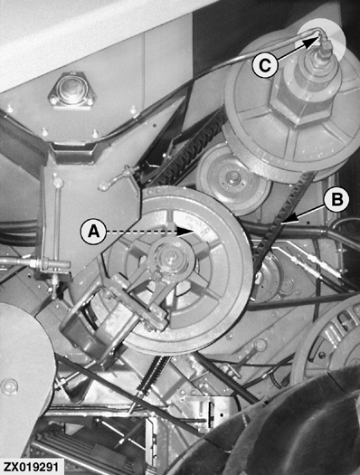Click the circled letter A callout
[93, 232]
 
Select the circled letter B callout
[336, 199]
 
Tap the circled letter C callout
[265, 65]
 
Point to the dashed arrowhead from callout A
[186, 232]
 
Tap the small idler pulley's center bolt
[232, 176]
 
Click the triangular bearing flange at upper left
[71, 90]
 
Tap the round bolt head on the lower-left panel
[9, 387]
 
